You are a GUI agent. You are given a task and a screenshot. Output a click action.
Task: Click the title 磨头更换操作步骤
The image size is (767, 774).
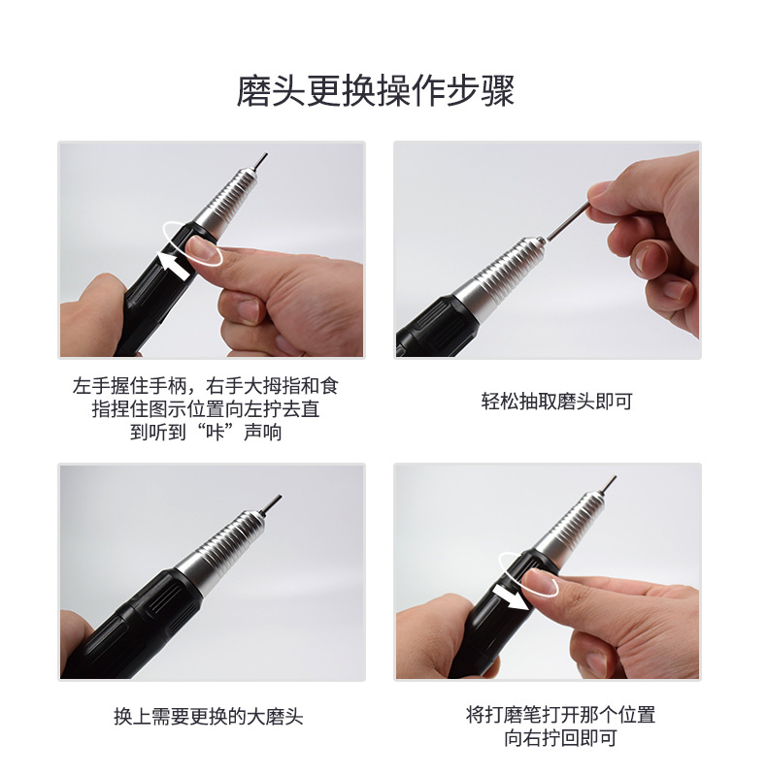click(376, 91)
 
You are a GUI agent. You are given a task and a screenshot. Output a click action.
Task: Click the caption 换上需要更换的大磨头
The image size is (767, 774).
click(209, 718)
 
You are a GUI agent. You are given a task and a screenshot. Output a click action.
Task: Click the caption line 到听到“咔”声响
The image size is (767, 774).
click(206, 432)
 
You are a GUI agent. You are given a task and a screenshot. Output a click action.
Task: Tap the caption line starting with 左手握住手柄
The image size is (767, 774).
click(206, 385)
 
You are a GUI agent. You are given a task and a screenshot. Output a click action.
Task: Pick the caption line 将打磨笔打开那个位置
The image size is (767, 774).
click(560, 715)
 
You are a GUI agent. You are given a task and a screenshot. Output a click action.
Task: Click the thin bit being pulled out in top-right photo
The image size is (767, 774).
click(569, 218)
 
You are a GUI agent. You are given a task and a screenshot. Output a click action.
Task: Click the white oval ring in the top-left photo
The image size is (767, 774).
click(192, 242)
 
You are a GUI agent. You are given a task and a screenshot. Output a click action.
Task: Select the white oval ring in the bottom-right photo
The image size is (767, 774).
click(528, 574)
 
